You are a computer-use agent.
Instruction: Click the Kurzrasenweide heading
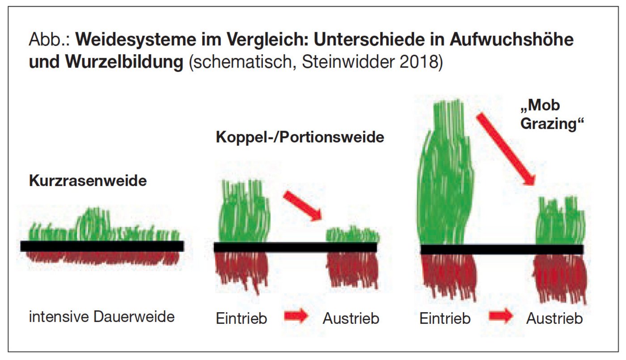point(88,181)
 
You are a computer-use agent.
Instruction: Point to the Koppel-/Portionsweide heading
point(300,137)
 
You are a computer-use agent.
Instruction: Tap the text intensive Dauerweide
point(102,317)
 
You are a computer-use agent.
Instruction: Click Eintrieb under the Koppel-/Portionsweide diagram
point(241,318)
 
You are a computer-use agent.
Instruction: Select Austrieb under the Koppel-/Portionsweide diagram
point(351,318)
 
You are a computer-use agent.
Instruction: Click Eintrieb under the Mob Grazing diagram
point(445,318)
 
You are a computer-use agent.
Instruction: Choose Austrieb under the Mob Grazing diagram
point(554,318)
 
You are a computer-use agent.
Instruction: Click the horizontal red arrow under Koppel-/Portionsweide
point(296,317)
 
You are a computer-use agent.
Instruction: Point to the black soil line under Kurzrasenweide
point(102,246)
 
